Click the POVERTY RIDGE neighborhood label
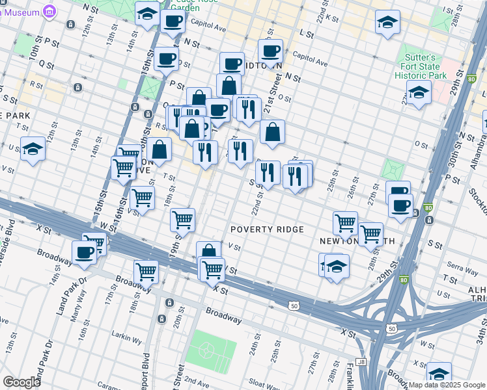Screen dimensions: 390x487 click(267, 229)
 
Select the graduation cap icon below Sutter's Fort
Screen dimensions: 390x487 click(419, 92)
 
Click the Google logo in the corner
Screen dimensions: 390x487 click(21, 382)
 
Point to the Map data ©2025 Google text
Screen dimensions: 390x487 click(447, 385)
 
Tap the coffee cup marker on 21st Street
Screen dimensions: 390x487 click(270, 51)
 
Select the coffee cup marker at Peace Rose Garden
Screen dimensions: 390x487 click(173, 21)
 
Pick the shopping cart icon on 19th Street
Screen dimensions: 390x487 click(182, 220)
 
